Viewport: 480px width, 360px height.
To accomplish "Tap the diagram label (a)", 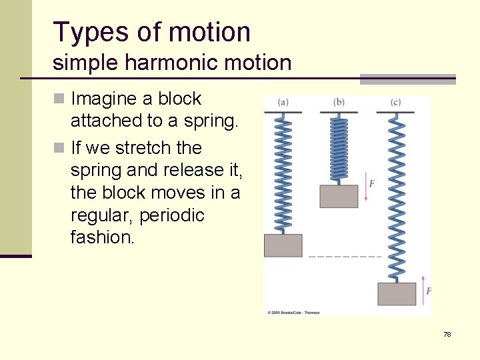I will click(x=283, y=102).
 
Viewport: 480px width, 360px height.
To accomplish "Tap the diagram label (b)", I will click(x=339, y=102).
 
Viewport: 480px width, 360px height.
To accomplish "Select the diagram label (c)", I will click(x=396, y=102).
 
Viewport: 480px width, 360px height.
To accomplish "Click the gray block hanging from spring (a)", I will click(x=283, y=245).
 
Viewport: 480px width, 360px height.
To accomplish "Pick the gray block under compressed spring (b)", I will click(x=339, y=196).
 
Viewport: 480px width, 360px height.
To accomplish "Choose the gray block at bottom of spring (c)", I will click(x=397, y=293).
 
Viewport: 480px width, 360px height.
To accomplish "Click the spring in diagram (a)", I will click(x=283, y=173).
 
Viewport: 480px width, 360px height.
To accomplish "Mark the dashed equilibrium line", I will click(x=345, y=256).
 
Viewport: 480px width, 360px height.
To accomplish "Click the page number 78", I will click(x=447, y=334).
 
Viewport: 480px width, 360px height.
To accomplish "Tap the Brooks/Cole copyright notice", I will click(x=293, y=312).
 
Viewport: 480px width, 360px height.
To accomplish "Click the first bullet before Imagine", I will click(x=58, y=99).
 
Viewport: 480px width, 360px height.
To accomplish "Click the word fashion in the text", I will click(x=100, y=238).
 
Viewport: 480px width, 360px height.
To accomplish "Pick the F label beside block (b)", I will click(x=371, y=183).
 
